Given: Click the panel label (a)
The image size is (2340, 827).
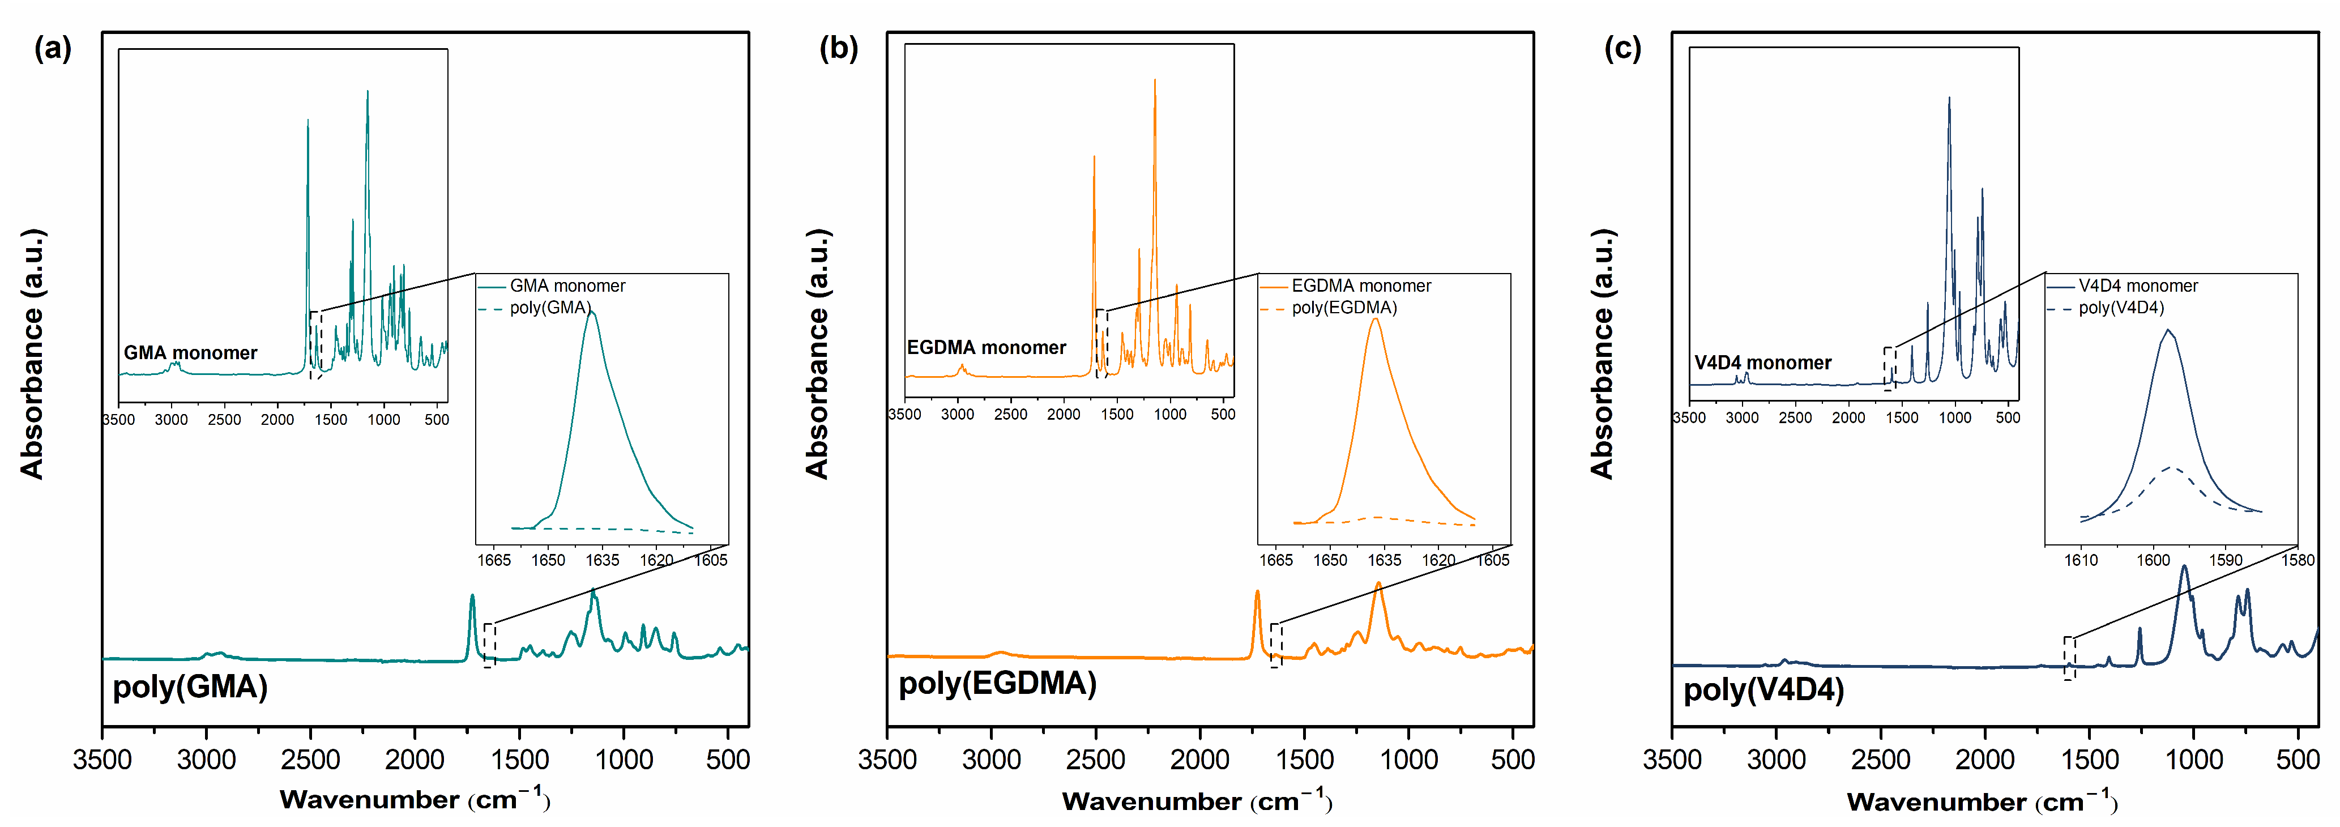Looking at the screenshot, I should click(53, 48).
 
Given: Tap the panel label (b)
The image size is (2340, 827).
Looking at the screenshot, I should click(838, 48).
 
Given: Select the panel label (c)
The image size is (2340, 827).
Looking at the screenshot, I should click(1622, 48).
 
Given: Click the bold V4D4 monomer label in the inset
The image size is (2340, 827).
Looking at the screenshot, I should click(1762, 363).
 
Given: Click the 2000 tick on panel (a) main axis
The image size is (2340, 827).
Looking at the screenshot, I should click(414, 760).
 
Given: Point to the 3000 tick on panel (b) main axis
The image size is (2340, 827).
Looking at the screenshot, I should click(991, 760).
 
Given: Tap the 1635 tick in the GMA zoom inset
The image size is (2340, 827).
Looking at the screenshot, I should click(602, 560).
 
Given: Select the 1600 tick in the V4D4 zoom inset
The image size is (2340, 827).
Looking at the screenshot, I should click(2153, 560).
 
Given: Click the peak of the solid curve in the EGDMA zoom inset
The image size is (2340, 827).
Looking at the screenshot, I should click(1376, 318).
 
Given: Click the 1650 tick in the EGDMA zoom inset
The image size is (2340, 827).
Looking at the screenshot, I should click(1330, 560).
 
